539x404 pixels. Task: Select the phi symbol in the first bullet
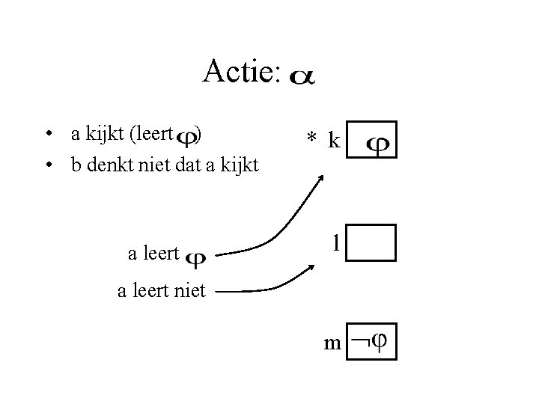(x=189, y=137)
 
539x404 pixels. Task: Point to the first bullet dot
(x=47, y=135)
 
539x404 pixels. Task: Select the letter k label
(x=334, y=140)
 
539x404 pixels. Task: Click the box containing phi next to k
(x=373, y=140)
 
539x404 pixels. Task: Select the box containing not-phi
(x=373, y=342)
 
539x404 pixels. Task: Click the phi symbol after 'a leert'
(x=196, y=257)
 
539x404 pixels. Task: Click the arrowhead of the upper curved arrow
(x=321, y=179)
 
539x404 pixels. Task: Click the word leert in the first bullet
(x=154, y=135)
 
